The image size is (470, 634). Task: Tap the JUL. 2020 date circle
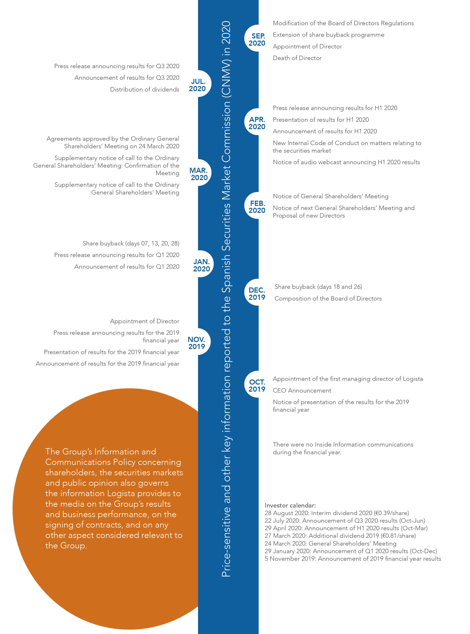coord(198,84)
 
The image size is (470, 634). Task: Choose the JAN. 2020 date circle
coord(201,264)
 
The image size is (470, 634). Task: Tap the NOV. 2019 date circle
coord(197,342)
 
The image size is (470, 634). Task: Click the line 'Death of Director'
coord(297,58)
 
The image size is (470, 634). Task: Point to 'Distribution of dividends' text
coord(145,90)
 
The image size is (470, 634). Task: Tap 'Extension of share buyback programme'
coord(328,35)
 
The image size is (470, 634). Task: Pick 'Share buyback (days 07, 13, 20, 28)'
coord(131,243)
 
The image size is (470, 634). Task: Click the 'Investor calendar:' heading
coord(290,505)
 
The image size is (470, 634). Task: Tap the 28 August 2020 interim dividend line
coord(337,513)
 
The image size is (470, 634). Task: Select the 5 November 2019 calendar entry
coord(352,559)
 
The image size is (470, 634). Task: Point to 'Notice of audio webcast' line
coord(346,162)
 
